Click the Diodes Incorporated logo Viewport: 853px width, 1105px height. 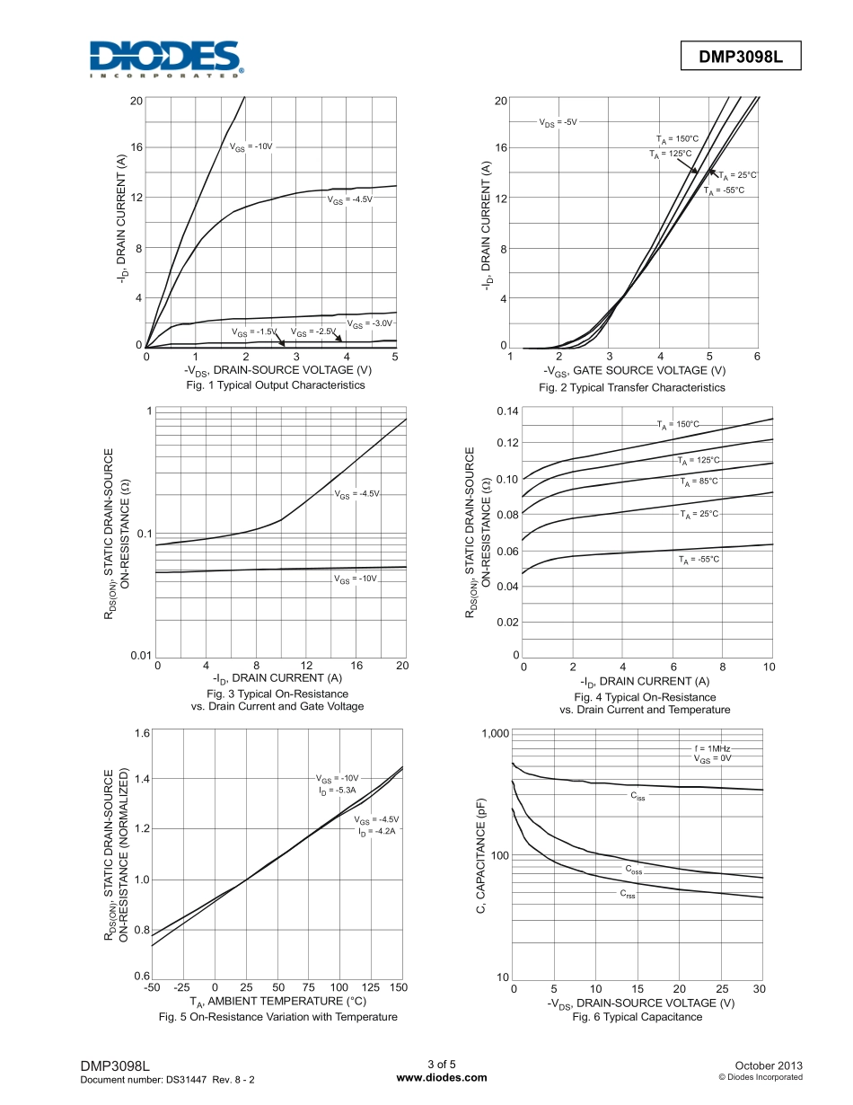[x=167, y=58]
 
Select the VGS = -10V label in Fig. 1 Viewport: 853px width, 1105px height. [x=251, y=146]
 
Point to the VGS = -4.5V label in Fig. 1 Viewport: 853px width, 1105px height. [x=348, y=199]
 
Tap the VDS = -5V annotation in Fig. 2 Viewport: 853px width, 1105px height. [x=558, y=121]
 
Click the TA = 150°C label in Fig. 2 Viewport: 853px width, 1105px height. [x=677, y=138]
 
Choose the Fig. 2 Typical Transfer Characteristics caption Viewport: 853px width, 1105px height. [x=631, y=387]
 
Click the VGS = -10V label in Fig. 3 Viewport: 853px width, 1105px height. [x=356, y=579]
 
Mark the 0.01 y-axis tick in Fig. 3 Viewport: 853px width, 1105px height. [x=139, y=657]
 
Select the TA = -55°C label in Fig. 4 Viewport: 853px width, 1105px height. [x=699, y=559]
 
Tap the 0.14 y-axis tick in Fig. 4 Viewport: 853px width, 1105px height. [x=508, y=411]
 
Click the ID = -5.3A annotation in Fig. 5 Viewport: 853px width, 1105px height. [x=338, y=790]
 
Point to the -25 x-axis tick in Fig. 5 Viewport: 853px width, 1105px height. [x=182, y=987]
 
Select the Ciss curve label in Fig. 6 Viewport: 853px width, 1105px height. [x=638, y=796]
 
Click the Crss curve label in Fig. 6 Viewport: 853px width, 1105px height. [x=628, y=894]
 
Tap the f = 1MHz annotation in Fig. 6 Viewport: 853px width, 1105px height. [x=713, y=747]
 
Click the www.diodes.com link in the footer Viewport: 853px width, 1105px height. [x=441, y=1077]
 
